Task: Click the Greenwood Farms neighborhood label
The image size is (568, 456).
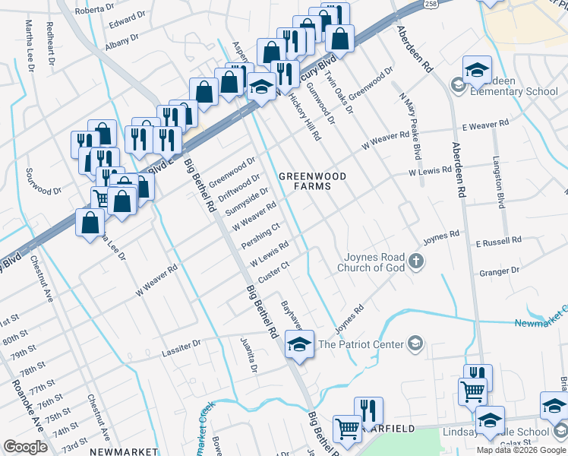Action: pyautogui.click(x=312, y=182)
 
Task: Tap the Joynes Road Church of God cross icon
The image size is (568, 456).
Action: pyautogui.click(x=415, y=262)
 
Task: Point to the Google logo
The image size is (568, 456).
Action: pyautogui.click(x=25, y=447)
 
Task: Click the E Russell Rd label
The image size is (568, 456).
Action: pyautogui.click(x=498, y=240)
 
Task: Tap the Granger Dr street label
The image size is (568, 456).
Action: pyautogui.click(x=498, y=271)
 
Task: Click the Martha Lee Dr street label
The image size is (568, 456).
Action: pyautogui.click(x=30, y=46)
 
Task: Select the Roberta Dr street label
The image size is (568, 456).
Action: pyautogui.click(x=94, y=11)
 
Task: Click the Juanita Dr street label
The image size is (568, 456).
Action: pyautogui.click(x=250, y=355)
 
